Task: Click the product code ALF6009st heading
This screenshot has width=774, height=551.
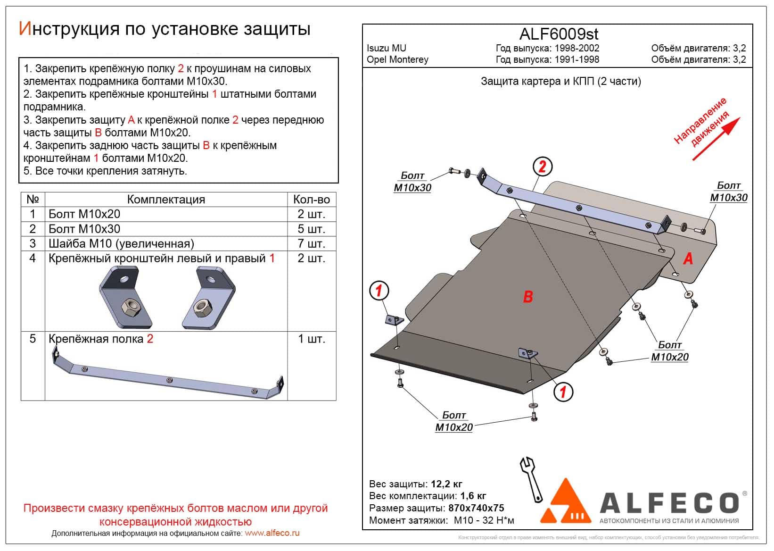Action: click(559, 34)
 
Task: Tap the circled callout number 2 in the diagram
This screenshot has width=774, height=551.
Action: click(542, 167)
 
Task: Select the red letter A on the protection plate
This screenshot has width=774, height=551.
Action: click(688, 259)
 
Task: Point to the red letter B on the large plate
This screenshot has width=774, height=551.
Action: click(528, 296)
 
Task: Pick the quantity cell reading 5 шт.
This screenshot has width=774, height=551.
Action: click(311, 229)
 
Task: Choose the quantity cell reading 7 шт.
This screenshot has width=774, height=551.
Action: click(311, 243)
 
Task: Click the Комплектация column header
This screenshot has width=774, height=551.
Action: click(166, 200)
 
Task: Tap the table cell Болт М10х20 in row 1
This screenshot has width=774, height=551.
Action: click(84, 214)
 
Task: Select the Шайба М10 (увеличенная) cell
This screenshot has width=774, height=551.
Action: click(121, 243)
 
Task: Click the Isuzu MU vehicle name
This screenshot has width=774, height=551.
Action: click(386, 48)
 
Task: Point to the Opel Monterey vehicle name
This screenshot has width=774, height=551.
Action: click(397, 59)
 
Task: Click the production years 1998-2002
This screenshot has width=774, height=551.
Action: click(576, 48)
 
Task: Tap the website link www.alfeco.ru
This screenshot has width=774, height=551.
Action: click(272, 533)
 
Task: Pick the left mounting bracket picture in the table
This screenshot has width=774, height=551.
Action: click(125, 297)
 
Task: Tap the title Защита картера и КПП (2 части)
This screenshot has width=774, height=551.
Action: click(560, 81)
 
